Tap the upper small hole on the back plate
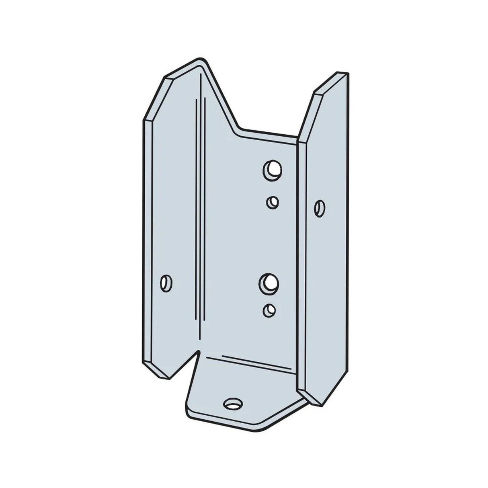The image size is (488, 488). pyautogui.click(x=273, y=201)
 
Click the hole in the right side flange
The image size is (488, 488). pyautogui.click(x=320, y=208)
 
